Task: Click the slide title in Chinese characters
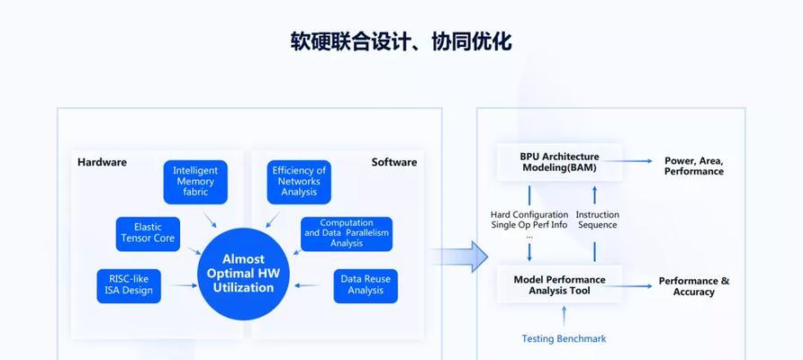(401, 41)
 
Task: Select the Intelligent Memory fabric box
(195, 182)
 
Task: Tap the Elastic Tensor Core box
(148, 234)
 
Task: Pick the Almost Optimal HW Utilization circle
(244, 274)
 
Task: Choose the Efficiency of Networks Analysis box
(299, 182)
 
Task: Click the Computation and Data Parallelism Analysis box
(347, 234)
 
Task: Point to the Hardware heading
(102, 162)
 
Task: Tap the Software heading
(394, 162)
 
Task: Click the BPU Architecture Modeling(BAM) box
(559, 162)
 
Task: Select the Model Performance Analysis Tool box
(559, 284)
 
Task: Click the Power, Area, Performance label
(694, 166)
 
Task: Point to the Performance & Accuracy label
(694, 287)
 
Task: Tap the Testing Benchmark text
(564, 339)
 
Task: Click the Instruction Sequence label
(597, 220)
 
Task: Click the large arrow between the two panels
(460, 256)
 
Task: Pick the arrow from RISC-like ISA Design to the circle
(185, 285)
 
